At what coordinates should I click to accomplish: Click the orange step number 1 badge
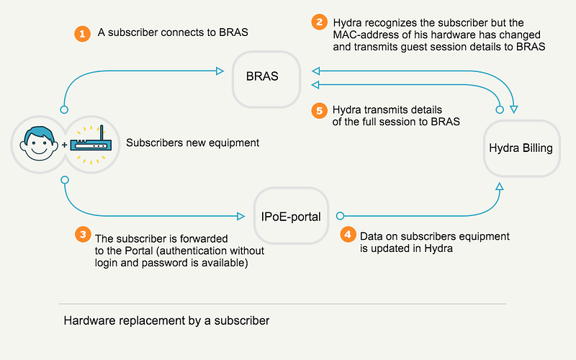click(x=82, y=34)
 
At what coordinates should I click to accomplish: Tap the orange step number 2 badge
click(x=319, y=22)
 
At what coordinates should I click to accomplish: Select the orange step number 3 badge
click(x=83, y=235)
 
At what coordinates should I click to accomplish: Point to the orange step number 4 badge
click(x=348, y=235)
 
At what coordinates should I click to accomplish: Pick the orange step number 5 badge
click(x=319, y=111)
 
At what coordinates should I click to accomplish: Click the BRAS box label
click(x=262, y=76)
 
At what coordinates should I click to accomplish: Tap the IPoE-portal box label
click(x=291, y=217)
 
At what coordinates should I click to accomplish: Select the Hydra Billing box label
click(x=521, y=148)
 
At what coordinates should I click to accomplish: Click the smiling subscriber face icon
click(x=39, y=143)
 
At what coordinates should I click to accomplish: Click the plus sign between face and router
click(x=64, y=145)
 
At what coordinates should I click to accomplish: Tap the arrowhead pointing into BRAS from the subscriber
click(x=220, y=71)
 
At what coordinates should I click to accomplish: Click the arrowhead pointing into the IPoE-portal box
click(x=241, y=216)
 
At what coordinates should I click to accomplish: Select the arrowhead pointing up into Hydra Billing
click(x=499, y=186)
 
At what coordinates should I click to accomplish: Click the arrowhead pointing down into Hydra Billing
click(x=514, y=109)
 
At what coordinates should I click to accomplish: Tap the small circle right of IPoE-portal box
click(x=340, y=216)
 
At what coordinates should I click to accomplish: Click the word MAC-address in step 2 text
click(x=364, y=35)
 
